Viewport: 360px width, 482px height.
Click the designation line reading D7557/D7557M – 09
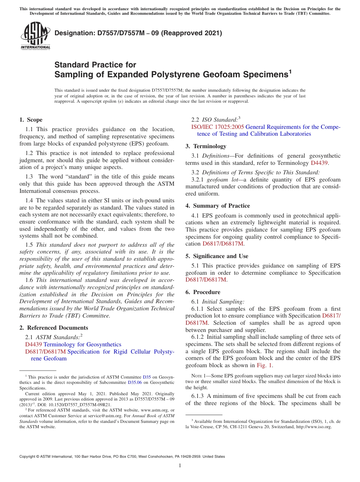[x=138, y=33]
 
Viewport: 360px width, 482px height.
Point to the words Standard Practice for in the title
[x=95, y=65]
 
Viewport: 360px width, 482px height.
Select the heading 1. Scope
[x=31, y=120]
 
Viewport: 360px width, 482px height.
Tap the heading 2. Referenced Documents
[x=53, y=328]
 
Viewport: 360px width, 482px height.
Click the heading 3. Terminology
[x=206, y=146]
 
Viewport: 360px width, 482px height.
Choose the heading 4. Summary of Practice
[x=218, y=206]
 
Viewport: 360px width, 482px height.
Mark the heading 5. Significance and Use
[x=217, y=256]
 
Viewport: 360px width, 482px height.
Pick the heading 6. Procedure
[x=203, y=292]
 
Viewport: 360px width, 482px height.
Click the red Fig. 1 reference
[x=265, y=365]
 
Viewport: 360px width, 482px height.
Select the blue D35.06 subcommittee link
[x=134, y=383]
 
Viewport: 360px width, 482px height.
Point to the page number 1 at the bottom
[x=180, y=465]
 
